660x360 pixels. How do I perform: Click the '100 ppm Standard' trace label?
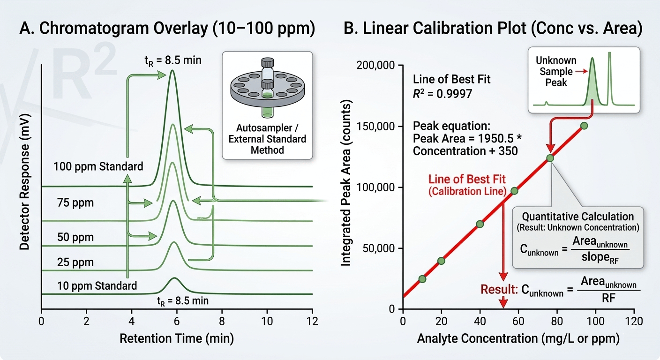pos(98,166)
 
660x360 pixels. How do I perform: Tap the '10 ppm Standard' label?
pos(97,285)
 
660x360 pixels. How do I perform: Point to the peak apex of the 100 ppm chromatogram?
pos(173,71)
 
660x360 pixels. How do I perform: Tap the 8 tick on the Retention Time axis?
pos(222,322)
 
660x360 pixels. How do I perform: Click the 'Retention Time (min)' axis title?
pos(177,338)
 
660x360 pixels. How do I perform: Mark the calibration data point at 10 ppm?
pos(422,279)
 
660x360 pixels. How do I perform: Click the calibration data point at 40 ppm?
pos(480,224)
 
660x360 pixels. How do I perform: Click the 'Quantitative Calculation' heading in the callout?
pos(578,217)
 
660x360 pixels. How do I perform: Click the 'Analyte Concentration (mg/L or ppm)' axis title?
pos(518,339)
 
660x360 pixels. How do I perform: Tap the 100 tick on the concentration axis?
pos(595,322)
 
